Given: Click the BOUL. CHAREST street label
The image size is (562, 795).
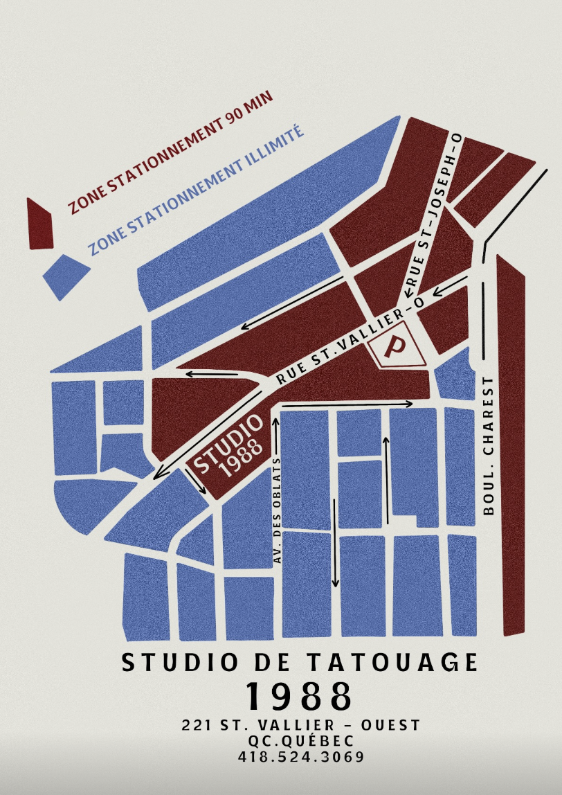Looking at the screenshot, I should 489,446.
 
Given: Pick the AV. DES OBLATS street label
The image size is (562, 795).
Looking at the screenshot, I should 277,512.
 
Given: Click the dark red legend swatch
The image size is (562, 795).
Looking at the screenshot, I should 39,224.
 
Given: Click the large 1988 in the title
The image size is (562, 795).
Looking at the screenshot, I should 299,696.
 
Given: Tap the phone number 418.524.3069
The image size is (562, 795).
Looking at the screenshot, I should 300,757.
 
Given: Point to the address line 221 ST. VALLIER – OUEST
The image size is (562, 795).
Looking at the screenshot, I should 300,725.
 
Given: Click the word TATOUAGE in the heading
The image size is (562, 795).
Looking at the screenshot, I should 401,663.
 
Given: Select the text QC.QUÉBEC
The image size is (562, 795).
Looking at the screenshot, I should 300,741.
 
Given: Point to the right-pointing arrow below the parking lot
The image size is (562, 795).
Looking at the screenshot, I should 346,403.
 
